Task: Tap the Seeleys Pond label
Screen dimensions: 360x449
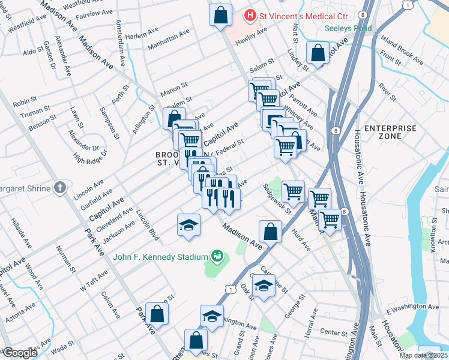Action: (x=348, y=28)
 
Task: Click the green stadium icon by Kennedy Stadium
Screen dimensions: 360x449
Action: (x=216, y=256)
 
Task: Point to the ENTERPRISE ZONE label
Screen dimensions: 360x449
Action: (x=390, y=132)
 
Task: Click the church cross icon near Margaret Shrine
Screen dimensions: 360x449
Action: (x=59, y=188)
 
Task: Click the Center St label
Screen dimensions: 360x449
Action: (x=334, y=332)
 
